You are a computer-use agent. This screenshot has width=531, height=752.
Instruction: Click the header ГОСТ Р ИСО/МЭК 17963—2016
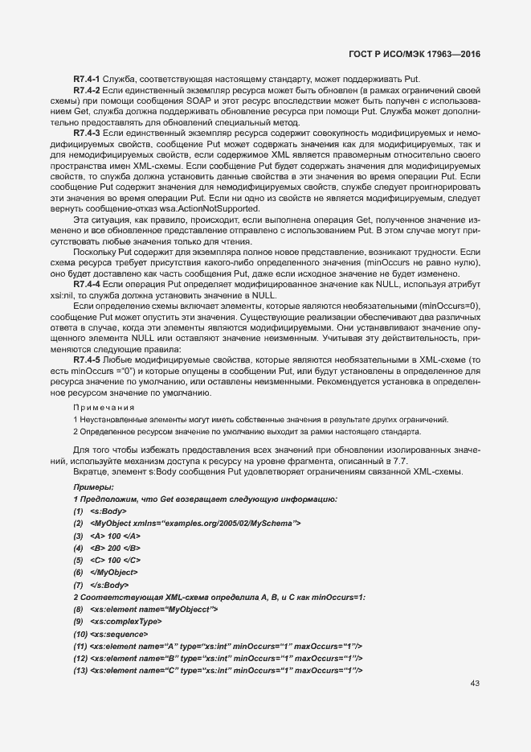pyautogui.click(x=435, y=55)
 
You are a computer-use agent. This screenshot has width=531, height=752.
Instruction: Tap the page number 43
pyautogui.click(x=474, y=684)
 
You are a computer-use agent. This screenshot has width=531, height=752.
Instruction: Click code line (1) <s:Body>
pyautogui.click(x=100, y=512)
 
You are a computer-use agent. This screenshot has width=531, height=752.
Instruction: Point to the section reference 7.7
pyautogui.click(x=401, y=459)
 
